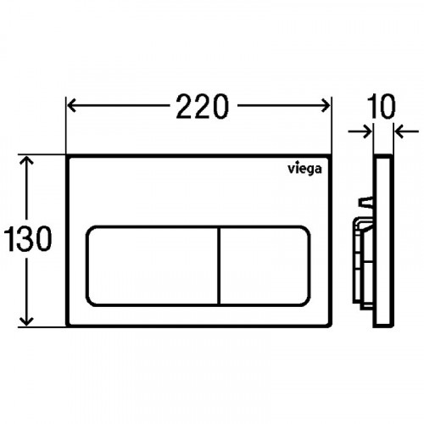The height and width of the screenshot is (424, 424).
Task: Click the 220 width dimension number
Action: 202,107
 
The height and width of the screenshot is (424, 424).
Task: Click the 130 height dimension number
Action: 28,238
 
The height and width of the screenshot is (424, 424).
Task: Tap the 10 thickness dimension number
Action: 382,107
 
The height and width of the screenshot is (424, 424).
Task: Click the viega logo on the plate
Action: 304,169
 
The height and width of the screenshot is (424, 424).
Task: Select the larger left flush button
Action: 152,266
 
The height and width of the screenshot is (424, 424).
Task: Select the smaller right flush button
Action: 265,266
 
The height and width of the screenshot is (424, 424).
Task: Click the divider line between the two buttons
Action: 219,266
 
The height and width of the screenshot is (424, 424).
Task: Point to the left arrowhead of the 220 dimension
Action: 71,106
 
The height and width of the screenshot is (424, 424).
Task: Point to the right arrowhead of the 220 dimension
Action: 326,106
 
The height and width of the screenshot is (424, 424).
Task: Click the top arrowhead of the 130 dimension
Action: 27,160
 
